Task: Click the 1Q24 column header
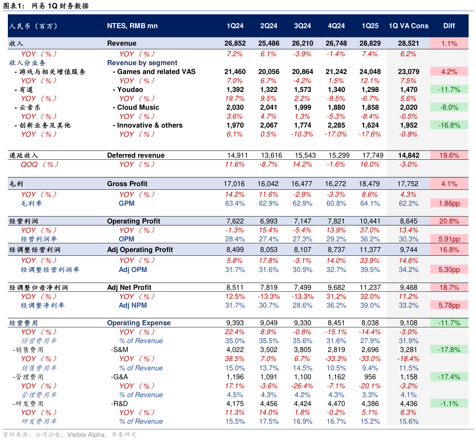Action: pos(235,26)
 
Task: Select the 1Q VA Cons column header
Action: pos(409,26)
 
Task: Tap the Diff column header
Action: pos(449,26)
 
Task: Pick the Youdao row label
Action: pos(130,90)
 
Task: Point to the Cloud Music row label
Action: pos(138,108)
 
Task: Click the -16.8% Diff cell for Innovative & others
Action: pos(449,126)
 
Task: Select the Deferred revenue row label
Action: pos(136,156)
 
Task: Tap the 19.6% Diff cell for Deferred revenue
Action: pos(449,156)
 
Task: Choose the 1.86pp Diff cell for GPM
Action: pos(449,203)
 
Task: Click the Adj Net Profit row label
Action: pos(129,288)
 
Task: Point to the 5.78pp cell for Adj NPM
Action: pos(449,306)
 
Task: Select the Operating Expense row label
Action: pos(139,323)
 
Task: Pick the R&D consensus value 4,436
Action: pos(409,404)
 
